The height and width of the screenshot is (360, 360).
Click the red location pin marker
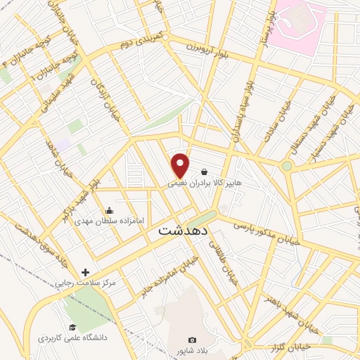click(181, 165)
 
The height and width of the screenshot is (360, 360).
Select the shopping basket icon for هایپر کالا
click(204, 172)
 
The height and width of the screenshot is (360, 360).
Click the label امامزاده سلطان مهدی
click(109, 221)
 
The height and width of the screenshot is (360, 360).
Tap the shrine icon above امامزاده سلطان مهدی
click(109, 210)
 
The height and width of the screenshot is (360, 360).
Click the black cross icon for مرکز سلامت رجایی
click(86, 272)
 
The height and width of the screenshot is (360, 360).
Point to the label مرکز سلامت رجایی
click(85, 283)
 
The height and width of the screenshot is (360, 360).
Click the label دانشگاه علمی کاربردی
click(72, 338)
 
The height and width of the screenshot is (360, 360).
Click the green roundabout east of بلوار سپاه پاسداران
click(287, 166)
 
